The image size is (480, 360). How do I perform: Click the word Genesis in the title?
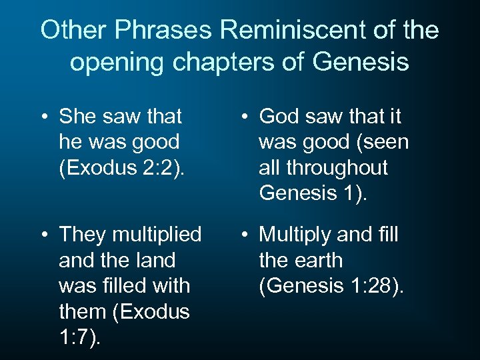tap(363, 62)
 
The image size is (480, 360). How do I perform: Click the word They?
tap(83, 235)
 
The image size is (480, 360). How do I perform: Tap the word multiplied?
tap(157, 235)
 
